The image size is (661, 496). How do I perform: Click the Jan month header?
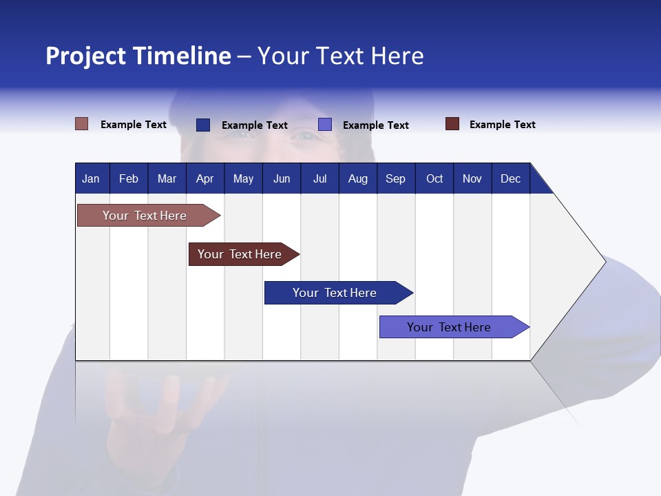(x=92, y=178)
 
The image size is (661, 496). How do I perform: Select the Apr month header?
(x=205, y=178)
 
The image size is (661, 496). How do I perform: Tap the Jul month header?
(x=319, y=178)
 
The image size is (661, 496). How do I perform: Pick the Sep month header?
(x=396, y=178)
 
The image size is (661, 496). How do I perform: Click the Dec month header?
(x=510, y=178)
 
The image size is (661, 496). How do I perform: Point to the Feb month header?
(x=129, y=178)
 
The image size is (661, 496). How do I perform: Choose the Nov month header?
(x=472, y=178)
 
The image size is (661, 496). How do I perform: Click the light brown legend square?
(x=82, y=124)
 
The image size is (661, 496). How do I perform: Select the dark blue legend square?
(x=203, y=125)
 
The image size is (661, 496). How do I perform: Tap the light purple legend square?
(x=325, y=125)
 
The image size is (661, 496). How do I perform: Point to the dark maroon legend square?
(x=452, y=124)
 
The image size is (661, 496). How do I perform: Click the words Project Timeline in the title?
(x=138, y=56)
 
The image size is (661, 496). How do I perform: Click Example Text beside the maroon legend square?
(x=502, y=125)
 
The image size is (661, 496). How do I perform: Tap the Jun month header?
(x=282, y=178)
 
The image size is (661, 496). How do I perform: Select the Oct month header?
(x=434, y=178)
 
